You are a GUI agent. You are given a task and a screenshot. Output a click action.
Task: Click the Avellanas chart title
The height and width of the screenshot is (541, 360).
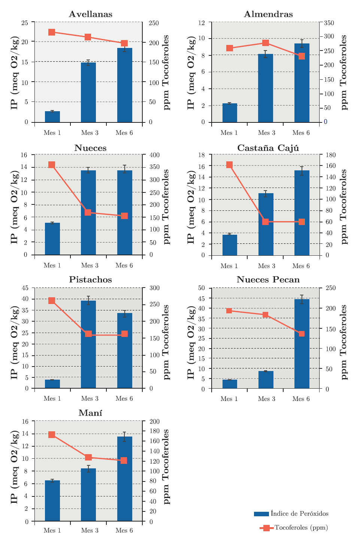(x=91, y=14)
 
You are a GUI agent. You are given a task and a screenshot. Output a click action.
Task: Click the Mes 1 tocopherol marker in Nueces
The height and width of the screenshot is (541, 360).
(x=52, y=165)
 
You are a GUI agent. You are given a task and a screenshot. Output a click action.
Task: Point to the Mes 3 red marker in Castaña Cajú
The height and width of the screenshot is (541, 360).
(x=266, y=222)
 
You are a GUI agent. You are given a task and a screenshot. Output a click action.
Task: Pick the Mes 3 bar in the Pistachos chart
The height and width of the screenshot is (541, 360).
(x=88, y=344)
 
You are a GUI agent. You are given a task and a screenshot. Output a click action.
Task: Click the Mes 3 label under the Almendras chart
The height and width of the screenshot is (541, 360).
(x=266, y=133)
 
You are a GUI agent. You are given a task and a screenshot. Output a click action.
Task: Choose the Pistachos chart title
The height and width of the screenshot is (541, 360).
(x=91, y=280)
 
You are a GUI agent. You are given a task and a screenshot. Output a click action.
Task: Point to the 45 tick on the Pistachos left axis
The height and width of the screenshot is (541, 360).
(x=25, y=288)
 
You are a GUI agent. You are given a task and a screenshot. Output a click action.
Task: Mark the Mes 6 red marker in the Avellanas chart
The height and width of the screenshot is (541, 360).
(x=124, y=43)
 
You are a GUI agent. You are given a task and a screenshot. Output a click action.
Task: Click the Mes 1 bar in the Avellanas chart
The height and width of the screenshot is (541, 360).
(x=52, y=116)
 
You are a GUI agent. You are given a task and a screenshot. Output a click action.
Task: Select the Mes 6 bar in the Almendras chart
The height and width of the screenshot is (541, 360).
(x=302, y=83)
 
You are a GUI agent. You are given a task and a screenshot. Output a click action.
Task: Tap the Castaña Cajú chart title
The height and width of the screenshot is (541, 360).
(x=268, y=148)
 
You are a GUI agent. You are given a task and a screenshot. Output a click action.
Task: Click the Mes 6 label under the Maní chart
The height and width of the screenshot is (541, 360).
(x=124, y=530)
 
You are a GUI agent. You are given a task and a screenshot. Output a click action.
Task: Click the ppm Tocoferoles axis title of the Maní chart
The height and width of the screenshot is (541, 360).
(x=166, y=466)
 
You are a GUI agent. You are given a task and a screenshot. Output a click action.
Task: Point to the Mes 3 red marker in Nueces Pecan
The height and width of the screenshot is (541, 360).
(x=266, y=314)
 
